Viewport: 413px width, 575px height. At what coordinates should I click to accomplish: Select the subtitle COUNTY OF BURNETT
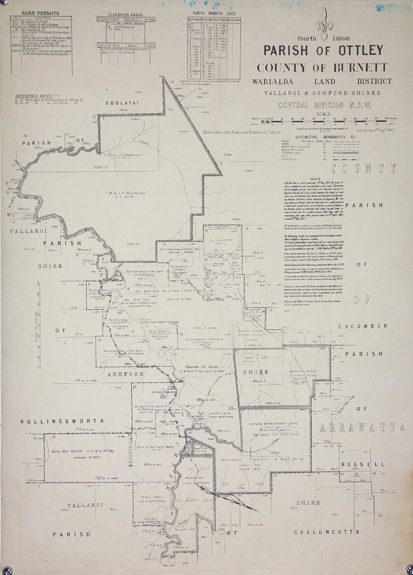coord(322,67)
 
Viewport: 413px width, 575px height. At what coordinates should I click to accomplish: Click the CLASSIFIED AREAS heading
coord(120,14)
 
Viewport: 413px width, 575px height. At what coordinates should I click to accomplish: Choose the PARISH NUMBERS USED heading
coord(209,13)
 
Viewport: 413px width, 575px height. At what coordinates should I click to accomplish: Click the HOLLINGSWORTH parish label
coord(62,421)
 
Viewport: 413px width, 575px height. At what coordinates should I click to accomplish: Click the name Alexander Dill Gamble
coord(201,366)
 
